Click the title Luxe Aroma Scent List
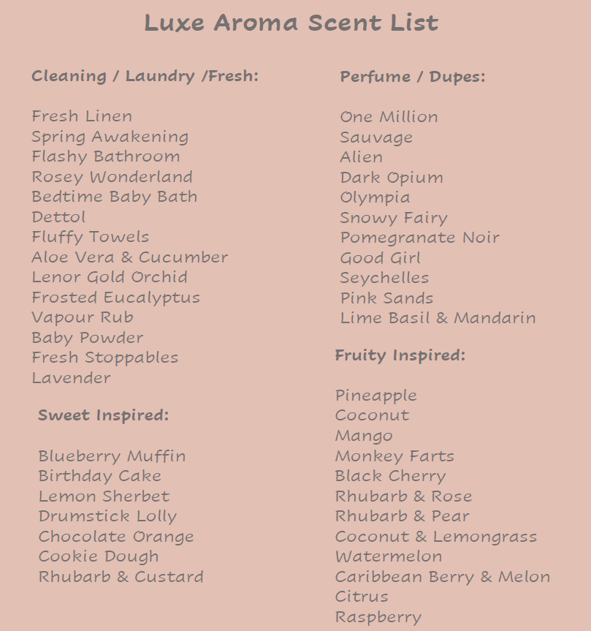291,23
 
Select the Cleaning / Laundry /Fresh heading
145,76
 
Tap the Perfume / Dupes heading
412,77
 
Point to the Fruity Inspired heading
400,355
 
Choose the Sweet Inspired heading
103,415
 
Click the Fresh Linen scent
82,116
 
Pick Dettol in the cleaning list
58,217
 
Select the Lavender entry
71,378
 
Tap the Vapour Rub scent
82,317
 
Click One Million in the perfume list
389,117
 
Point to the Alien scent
361,157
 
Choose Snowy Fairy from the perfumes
393,218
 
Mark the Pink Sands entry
386,298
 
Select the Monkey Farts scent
394,456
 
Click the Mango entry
364,436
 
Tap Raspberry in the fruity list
378,617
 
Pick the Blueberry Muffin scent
112,456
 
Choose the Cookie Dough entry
99,556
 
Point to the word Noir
480,238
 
